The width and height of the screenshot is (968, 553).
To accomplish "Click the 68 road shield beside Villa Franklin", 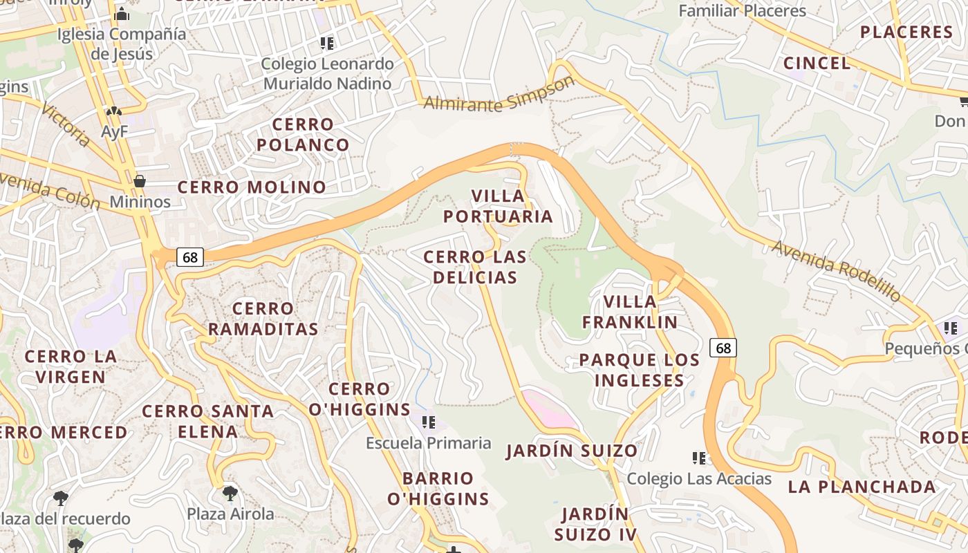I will coord(723,348).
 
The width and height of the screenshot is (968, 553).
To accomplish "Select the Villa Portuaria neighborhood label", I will coord(498,206).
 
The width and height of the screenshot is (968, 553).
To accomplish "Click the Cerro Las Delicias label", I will coord(474,267).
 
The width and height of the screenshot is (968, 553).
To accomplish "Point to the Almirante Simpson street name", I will coord(499,95).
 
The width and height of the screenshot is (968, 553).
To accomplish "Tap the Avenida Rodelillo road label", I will coord(837,270).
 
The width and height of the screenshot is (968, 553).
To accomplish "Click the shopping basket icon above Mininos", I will coord(140,181).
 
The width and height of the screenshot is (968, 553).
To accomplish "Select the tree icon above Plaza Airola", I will coord(230,493).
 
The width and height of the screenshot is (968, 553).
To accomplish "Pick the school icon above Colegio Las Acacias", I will coord(699,458).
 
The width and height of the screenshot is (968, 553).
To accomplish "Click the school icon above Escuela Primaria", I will coord(428,422).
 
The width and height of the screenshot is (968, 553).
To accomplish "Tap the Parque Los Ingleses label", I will coord(640,370).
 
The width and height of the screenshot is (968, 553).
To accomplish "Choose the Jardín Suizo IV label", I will coord(595,524).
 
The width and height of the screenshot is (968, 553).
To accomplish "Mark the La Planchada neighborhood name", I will coord(862,487).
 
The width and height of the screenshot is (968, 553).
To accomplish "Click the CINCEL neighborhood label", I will coord(817,63).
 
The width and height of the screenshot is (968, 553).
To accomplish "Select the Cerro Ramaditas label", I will coord(263,319).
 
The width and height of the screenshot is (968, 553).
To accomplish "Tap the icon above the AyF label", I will coord(114,111).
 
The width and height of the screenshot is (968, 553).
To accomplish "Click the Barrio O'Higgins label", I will coord(438,488).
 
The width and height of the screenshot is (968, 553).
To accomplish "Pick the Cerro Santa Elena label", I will coord(208,421).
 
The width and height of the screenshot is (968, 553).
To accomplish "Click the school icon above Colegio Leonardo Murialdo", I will coord(327,44).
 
